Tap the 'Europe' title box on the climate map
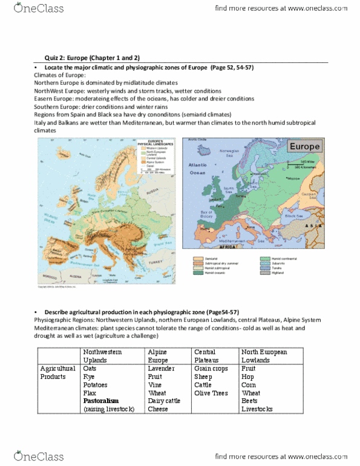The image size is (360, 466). pos(307,146)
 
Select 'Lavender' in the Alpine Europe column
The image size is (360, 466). pos(161,367)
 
